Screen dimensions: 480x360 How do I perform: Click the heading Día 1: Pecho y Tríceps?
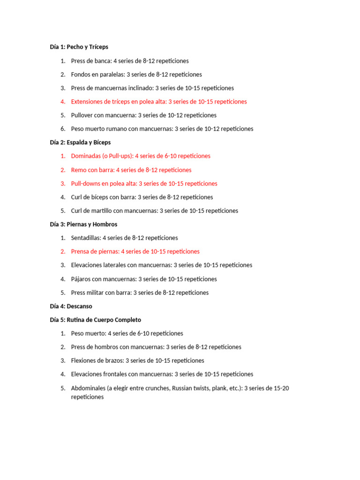click(79, 47)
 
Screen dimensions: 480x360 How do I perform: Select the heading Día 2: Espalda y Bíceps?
click(80, 142)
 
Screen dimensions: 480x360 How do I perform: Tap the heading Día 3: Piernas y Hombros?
click(83, 224)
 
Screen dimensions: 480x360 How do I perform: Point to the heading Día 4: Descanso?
click(71, 306)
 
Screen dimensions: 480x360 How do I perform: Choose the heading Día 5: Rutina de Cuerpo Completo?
click(95, 320)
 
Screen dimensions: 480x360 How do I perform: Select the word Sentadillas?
click(85, 238)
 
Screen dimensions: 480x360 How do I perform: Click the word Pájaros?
click(81, 279)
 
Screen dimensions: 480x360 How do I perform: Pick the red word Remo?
click(78, 170)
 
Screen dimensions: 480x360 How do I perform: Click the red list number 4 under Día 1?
click(63, 101)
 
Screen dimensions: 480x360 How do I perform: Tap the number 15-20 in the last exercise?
click(280, 388)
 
